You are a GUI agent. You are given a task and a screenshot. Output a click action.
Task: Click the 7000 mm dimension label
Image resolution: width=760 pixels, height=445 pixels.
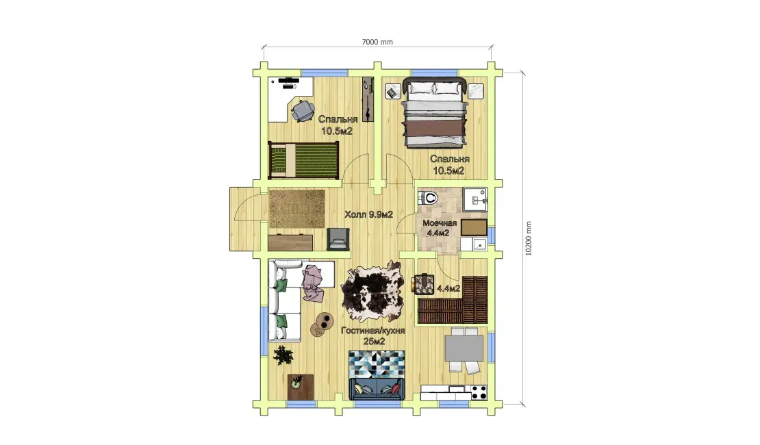(x=377, y=42)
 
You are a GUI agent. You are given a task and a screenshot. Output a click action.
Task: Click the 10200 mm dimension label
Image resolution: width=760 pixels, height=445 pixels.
(x=529, y=238)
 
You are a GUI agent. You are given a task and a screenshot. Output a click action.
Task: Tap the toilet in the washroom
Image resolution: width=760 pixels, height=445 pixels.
(x=428, y=197)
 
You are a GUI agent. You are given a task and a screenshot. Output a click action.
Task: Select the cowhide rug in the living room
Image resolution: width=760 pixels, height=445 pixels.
(x=372, y=290)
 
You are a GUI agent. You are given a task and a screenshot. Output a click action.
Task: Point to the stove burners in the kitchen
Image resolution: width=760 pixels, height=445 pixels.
(x=479, y=392)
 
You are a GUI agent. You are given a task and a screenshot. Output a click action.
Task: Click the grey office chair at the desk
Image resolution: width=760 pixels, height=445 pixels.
(x=303, y=110)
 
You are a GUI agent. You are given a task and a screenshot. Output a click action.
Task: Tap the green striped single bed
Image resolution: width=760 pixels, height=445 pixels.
(x=303, y=160)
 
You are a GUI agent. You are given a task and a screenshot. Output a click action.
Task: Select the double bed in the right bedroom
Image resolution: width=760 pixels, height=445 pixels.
(x=434, y=113)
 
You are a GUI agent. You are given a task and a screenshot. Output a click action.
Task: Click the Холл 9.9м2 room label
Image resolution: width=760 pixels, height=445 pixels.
(x=368, y=214)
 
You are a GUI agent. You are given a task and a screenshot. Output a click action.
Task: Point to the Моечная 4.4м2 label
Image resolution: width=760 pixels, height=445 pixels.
(x=440, y=228)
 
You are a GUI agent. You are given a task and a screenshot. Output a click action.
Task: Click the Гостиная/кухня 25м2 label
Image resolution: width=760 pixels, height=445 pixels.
(x=372, y=336)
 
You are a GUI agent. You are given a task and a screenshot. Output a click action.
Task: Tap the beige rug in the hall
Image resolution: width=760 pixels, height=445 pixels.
(x=296, y=208)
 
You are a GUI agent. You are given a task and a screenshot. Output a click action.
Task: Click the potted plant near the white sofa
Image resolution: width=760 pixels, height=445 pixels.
(x=283, y=355)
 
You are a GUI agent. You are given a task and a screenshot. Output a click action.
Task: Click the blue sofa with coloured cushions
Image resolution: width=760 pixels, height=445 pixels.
(x=377, y=389)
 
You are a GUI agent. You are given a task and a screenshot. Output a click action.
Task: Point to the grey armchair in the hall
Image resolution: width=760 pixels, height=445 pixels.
(x=338, y=239)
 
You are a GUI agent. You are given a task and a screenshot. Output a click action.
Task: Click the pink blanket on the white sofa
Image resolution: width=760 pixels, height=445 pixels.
(x=313, y=283)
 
